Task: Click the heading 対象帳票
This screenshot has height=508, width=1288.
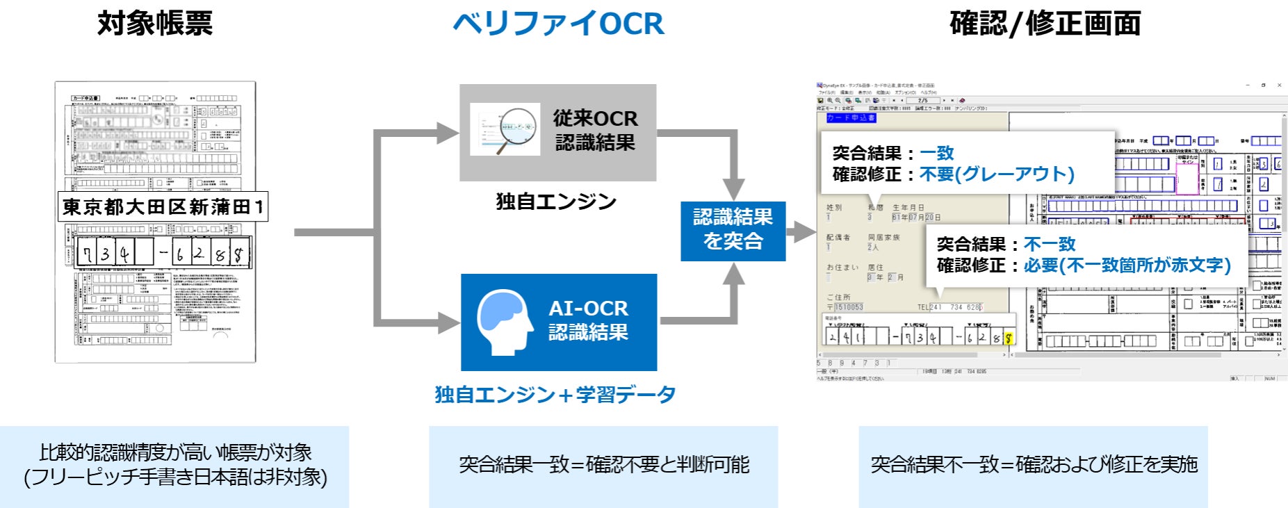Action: [x=155, y=24]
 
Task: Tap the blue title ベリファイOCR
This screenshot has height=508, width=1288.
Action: [x=558, y=24]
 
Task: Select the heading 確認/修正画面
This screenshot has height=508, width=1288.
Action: [x=1045, y=24]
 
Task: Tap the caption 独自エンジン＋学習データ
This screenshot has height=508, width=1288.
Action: [x=555, y=395]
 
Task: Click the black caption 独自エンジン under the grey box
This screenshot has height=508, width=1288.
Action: [x=556, y=202]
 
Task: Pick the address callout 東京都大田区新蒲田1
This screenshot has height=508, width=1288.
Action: [x=163, y=207]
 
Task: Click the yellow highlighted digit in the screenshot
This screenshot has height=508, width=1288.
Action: [x=1009, y=338]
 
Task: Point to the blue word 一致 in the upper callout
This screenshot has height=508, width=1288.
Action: [x=936, y=153]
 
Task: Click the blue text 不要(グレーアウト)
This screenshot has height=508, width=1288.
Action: [x=996, y=174]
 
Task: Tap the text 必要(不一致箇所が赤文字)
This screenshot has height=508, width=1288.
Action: [x=1126, y=265]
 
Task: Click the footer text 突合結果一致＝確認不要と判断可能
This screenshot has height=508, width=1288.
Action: [x=603, y=464]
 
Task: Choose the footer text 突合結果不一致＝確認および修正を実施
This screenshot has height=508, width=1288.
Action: [x=1034, y=464]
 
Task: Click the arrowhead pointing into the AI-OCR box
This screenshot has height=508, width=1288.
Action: [x=449, y=322]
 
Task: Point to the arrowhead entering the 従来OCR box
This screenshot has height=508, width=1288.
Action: [x=448, y=132]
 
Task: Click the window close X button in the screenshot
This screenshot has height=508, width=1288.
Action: [x=1280, y=85]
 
